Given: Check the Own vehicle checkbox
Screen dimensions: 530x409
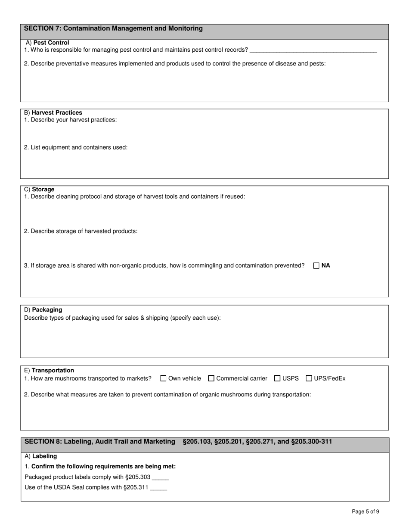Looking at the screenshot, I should pyautogui.click(x=164, y=378).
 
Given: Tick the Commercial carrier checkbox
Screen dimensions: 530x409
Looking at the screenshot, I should pyautogui.click(x=211, y=378).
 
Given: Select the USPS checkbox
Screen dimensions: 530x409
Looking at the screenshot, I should pyautogui.click(x=278, y=378).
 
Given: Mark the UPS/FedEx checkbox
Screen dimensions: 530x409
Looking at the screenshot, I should pyautogui.click(x=309, y=378).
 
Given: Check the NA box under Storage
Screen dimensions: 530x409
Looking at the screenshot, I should pyautogui.click(x=316, y=265).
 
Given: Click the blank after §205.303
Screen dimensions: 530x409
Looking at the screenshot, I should pyautogui.click(x=160, y=477).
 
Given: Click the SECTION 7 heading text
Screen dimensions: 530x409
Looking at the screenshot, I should pyautogui.click(x=113, y=28).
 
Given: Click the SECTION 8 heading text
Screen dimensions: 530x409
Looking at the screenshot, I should pyautogui.click(x=100, y=442).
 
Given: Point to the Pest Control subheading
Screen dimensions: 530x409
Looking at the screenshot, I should pyautogui.click(x=51, y=43).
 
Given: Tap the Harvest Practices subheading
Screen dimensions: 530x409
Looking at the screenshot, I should pyautogui.click(x=57, y=112).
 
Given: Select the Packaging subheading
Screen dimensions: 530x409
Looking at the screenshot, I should pyautogui.click(x=47, y=310).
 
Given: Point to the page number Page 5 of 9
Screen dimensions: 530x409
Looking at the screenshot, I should pyautogui.click(x=365, y=512).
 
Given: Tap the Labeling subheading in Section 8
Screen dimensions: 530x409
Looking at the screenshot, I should pyautogui.click(x=44, y=456).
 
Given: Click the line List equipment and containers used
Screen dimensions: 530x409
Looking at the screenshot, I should pyautogui.click(x=76, y=147).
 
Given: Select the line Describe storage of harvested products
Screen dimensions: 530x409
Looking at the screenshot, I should pyautogui.click(x=81, y=231).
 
